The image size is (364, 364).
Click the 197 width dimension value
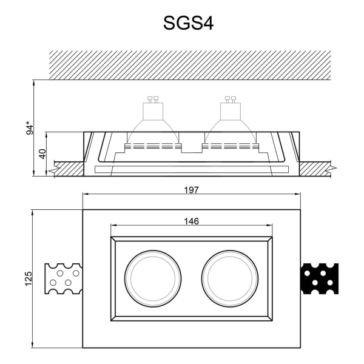(192, 189)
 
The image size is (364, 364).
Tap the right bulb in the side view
(230, 124)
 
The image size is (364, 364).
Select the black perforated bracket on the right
(319, 279)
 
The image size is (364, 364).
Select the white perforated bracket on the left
(63, 279)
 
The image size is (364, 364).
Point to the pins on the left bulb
(152, 99)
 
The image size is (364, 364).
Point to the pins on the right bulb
(230, 99)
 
